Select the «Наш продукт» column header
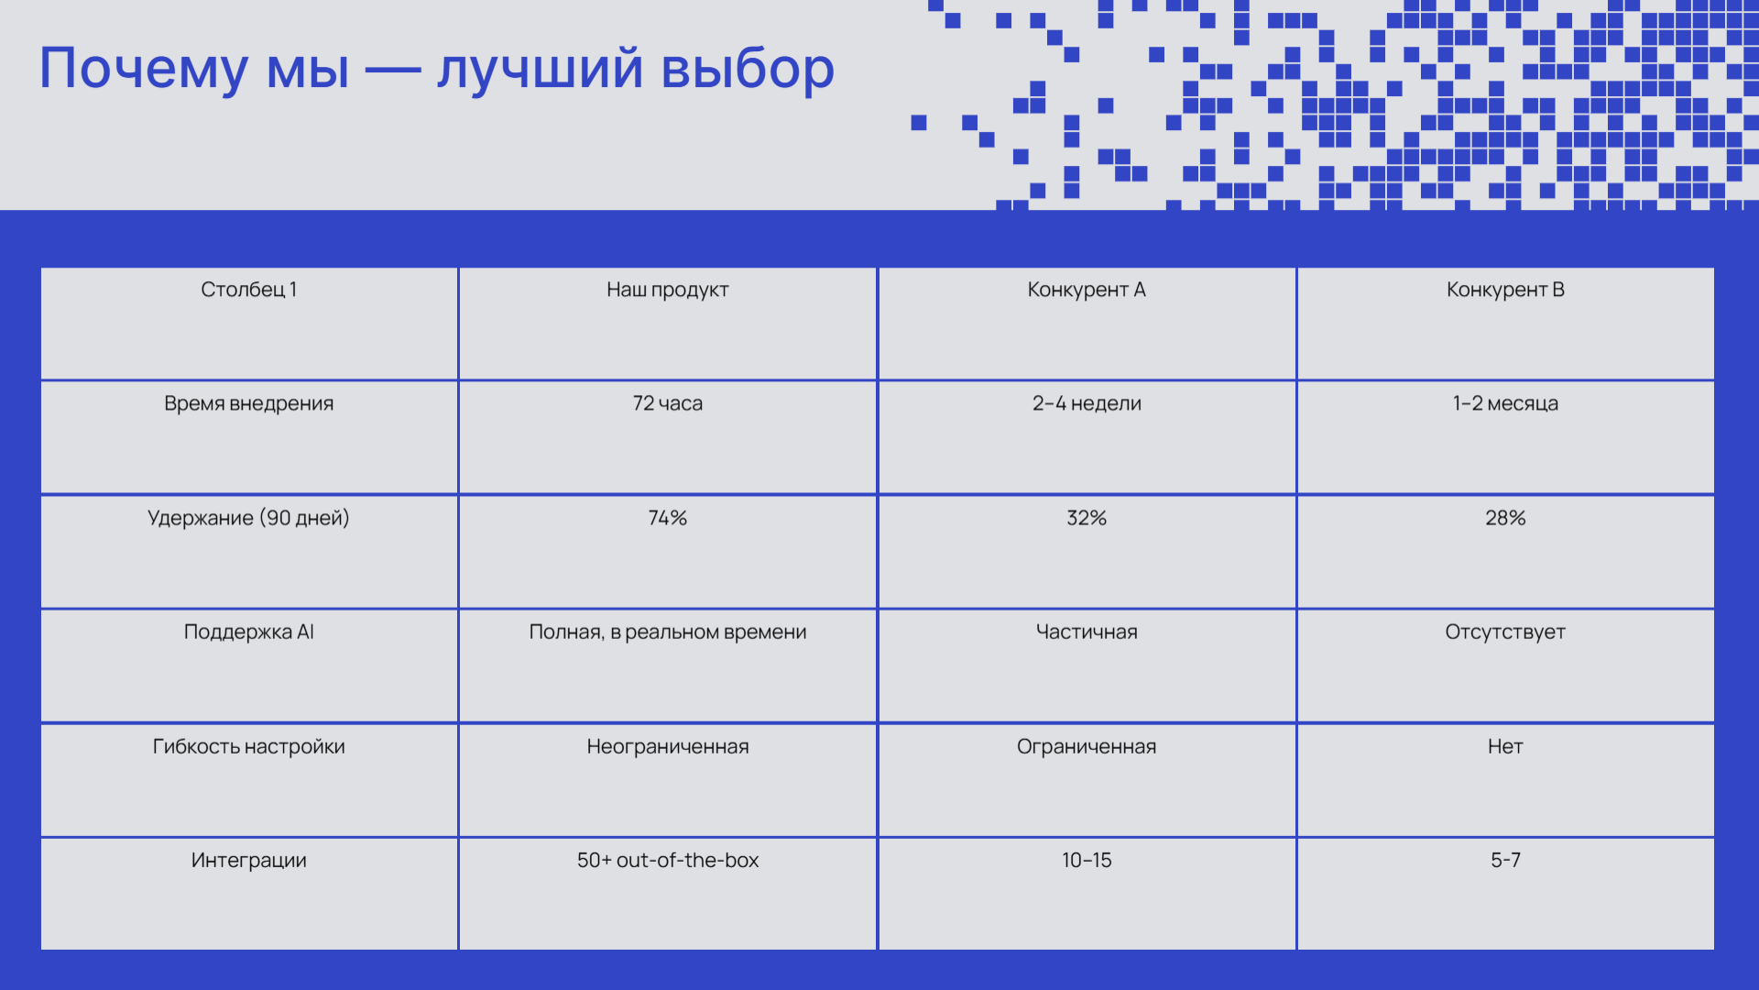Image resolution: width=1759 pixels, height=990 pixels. tap(668, 291)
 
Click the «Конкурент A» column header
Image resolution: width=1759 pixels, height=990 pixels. tap(1087, 291)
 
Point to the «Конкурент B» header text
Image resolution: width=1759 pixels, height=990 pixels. tap(1505, 291)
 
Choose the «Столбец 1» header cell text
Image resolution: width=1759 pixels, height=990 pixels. tap(249, 291)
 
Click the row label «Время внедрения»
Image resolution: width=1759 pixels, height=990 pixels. tap(249, 404)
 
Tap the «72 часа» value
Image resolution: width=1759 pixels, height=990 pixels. tap(668, 403)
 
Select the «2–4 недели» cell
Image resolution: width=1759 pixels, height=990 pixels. tap(1087, 404)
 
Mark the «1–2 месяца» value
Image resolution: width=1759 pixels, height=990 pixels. tap(1505, 404)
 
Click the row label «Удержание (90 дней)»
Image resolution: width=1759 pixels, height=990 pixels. tap(249, 519)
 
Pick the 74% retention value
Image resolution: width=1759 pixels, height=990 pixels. tap(668, 518)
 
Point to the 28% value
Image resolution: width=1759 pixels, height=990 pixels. tap(1505, 518)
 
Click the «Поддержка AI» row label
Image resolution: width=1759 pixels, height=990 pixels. tap(249, 632)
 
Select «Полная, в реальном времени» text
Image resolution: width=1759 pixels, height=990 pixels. tap(668, 632)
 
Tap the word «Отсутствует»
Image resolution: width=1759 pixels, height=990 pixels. tap(1505, 632)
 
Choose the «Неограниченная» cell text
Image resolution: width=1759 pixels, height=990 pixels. tap(668, 747)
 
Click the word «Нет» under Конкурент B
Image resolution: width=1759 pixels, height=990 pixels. tap(1505, 746)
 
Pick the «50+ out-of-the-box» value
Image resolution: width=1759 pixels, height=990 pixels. tap(668, 861)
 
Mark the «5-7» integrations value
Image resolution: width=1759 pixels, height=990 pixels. tap(1505, 861)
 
